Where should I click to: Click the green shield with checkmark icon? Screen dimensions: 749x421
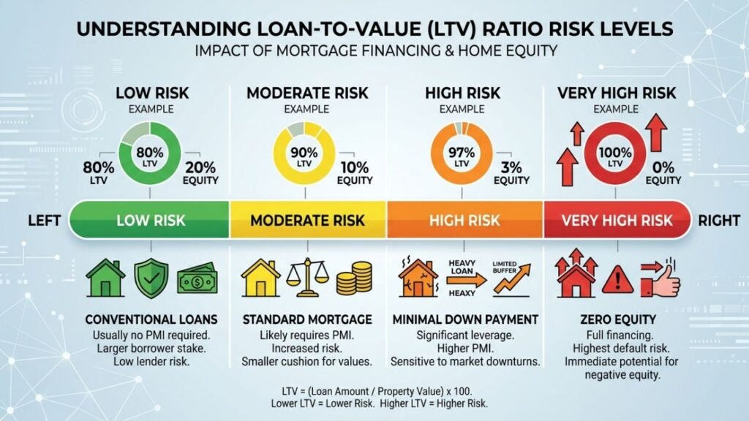[x=151, y=278]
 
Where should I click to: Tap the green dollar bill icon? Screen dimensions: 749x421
[x=197, y=280]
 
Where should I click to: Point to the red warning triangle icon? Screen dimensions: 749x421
[x=617, y=280]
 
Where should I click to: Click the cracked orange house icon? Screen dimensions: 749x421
[x=418, y=278]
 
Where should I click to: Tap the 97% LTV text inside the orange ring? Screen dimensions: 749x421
[x=462, y=156]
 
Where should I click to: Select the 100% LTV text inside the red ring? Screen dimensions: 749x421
[x=615, y=156]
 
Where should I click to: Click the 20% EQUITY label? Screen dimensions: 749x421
[x=200, y=172]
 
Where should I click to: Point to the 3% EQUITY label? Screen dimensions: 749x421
[x=511, y=172]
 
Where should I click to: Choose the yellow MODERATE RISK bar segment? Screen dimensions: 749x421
[x=308, y=220]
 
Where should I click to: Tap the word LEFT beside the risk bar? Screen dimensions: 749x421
[x=45, y=221]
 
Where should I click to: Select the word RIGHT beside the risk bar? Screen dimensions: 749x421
[x=720, y=221]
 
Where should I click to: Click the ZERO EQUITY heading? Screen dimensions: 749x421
[x=618, y=319]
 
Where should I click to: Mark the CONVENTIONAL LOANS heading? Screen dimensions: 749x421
[x=151, y=319]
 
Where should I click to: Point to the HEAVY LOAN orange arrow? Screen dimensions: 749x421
[x=466, y=280]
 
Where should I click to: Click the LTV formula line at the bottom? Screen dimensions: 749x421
[x=377, y=392]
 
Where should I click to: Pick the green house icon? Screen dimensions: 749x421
[x=105, y=278]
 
